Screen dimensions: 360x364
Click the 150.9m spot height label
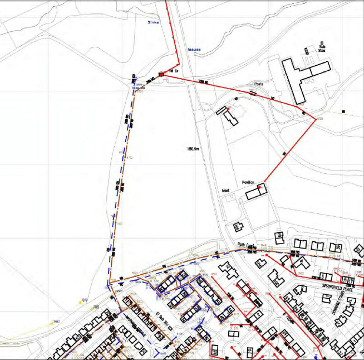coord(194,149)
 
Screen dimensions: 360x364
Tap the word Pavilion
coord(248,182)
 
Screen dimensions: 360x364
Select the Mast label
coord(226,190)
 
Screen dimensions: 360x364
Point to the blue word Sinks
coord(153,22)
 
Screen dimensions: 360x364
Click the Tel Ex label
coord(173,72)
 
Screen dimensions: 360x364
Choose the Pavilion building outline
coord(256,192)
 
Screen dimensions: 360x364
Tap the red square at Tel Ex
coord(161,74)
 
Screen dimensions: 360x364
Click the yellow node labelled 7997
coord(55,322)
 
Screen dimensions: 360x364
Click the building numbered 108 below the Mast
coord(238,227)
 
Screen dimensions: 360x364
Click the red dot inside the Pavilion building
coord(259,188)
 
